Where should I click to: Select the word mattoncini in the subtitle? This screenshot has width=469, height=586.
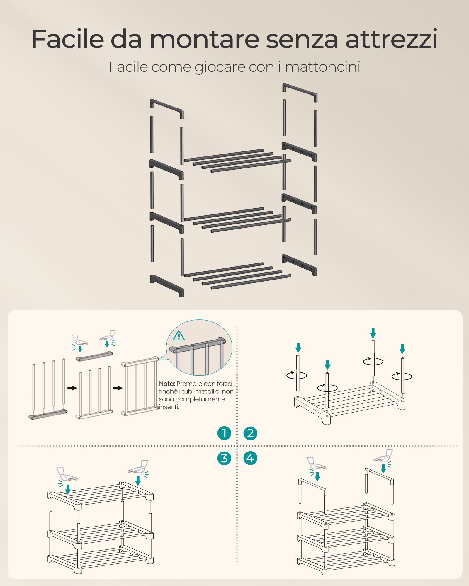[x=322, y=67]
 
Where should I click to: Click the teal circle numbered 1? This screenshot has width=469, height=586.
[x=224, y=433]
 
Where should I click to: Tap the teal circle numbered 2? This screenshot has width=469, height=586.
[x=250, y=433]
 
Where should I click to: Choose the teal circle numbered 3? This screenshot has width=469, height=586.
[x=224, y=458]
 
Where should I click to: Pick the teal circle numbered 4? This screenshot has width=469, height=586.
[x=250, y=458]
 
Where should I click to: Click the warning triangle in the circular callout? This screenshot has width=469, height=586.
[x=179, y=335]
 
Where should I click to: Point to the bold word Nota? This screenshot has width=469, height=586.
[x=167, y=384]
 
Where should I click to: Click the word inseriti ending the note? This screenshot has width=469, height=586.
[x=169, y=407]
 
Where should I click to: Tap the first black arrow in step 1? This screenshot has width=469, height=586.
[x=72, y=388]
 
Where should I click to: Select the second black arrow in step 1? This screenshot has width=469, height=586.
[x=118, y=388]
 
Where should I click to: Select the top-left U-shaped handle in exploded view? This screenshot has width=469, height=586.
[x=166, y=108]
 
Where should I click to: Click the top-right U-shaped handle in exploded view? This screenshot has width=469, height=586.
[x=300, y=92]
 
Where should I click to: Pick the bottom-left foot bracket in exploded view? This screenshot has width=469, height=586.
[x=167, y=285]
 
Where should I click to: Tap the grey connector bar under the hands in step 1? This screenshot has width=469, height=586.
[x=94, y=356]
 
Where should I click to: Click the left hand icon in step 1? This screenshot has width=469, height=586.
[x=80, y=340]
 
